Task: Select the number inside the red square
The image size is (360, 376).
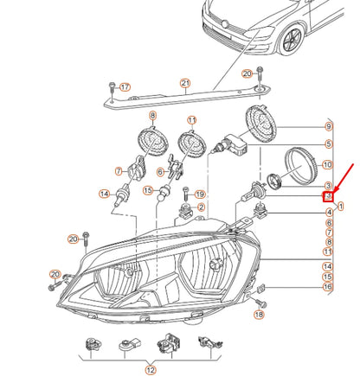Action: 329,198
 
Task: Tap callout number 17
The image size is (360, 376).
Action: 125,87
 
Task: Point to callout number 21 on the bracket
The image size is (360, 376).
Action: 184,83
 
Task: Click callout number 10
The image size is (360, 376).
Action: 327,164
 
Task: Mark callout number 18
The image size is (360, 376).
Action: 258,316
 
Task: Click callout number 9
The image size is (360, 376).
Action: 328,127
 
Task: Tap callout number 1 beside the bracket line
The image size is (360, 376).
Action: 340,206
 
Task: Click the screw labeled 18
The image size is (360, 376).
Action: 263,303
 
